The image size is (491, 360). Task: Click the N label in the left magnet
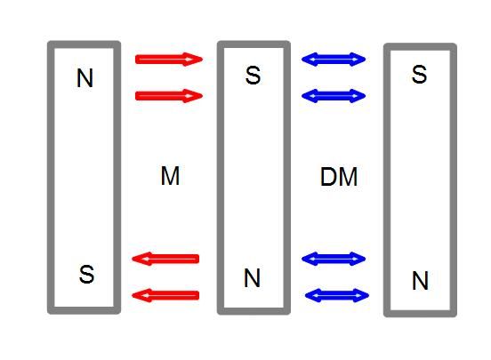(x=85, y=78)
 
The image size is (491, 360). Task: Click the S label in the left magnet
(x=86, y=275)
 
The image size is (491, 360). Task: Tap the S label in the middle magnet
(x=253, y=76)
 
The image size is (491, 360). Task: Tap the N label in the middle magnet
(x=252, y=277)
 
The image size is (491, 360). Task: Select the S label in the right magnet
(x=419, y=74)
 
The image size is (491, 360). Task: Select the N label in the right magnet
(x=420, y=281)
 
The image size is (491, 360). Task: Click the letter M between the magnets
(x=170, y=176)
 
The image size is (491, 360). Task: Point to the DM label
(x=339, y=177)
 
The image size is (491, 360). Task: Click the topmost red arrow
(x=169, y=60)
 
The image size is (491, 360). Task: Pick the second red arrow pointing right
(x=169, y=96)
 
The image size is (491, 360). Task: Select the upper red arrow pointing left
(x=165, y=259)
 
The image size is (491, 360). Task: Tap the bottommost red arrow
(x=165, y=295)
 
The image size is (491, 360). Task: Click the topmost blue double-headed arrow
(x=334, y=60)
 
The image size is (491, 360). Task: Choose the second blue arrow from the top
(x=334, y=96)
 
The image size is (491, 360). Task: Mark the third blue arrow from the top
(x=334, y=259)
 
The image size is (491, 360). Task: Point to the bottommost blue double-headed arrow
(x=337, y=295)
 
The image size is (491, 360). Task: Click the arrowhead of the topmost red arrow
(x=194, y=60)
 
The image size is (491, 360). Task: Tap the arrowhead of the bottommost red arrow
(x=141, y=295)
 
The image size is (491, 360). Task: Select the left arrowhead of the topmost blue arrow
(x=310, y=60)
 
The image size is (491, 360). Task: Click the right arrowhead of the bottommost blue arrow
(x=361, y=295)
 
